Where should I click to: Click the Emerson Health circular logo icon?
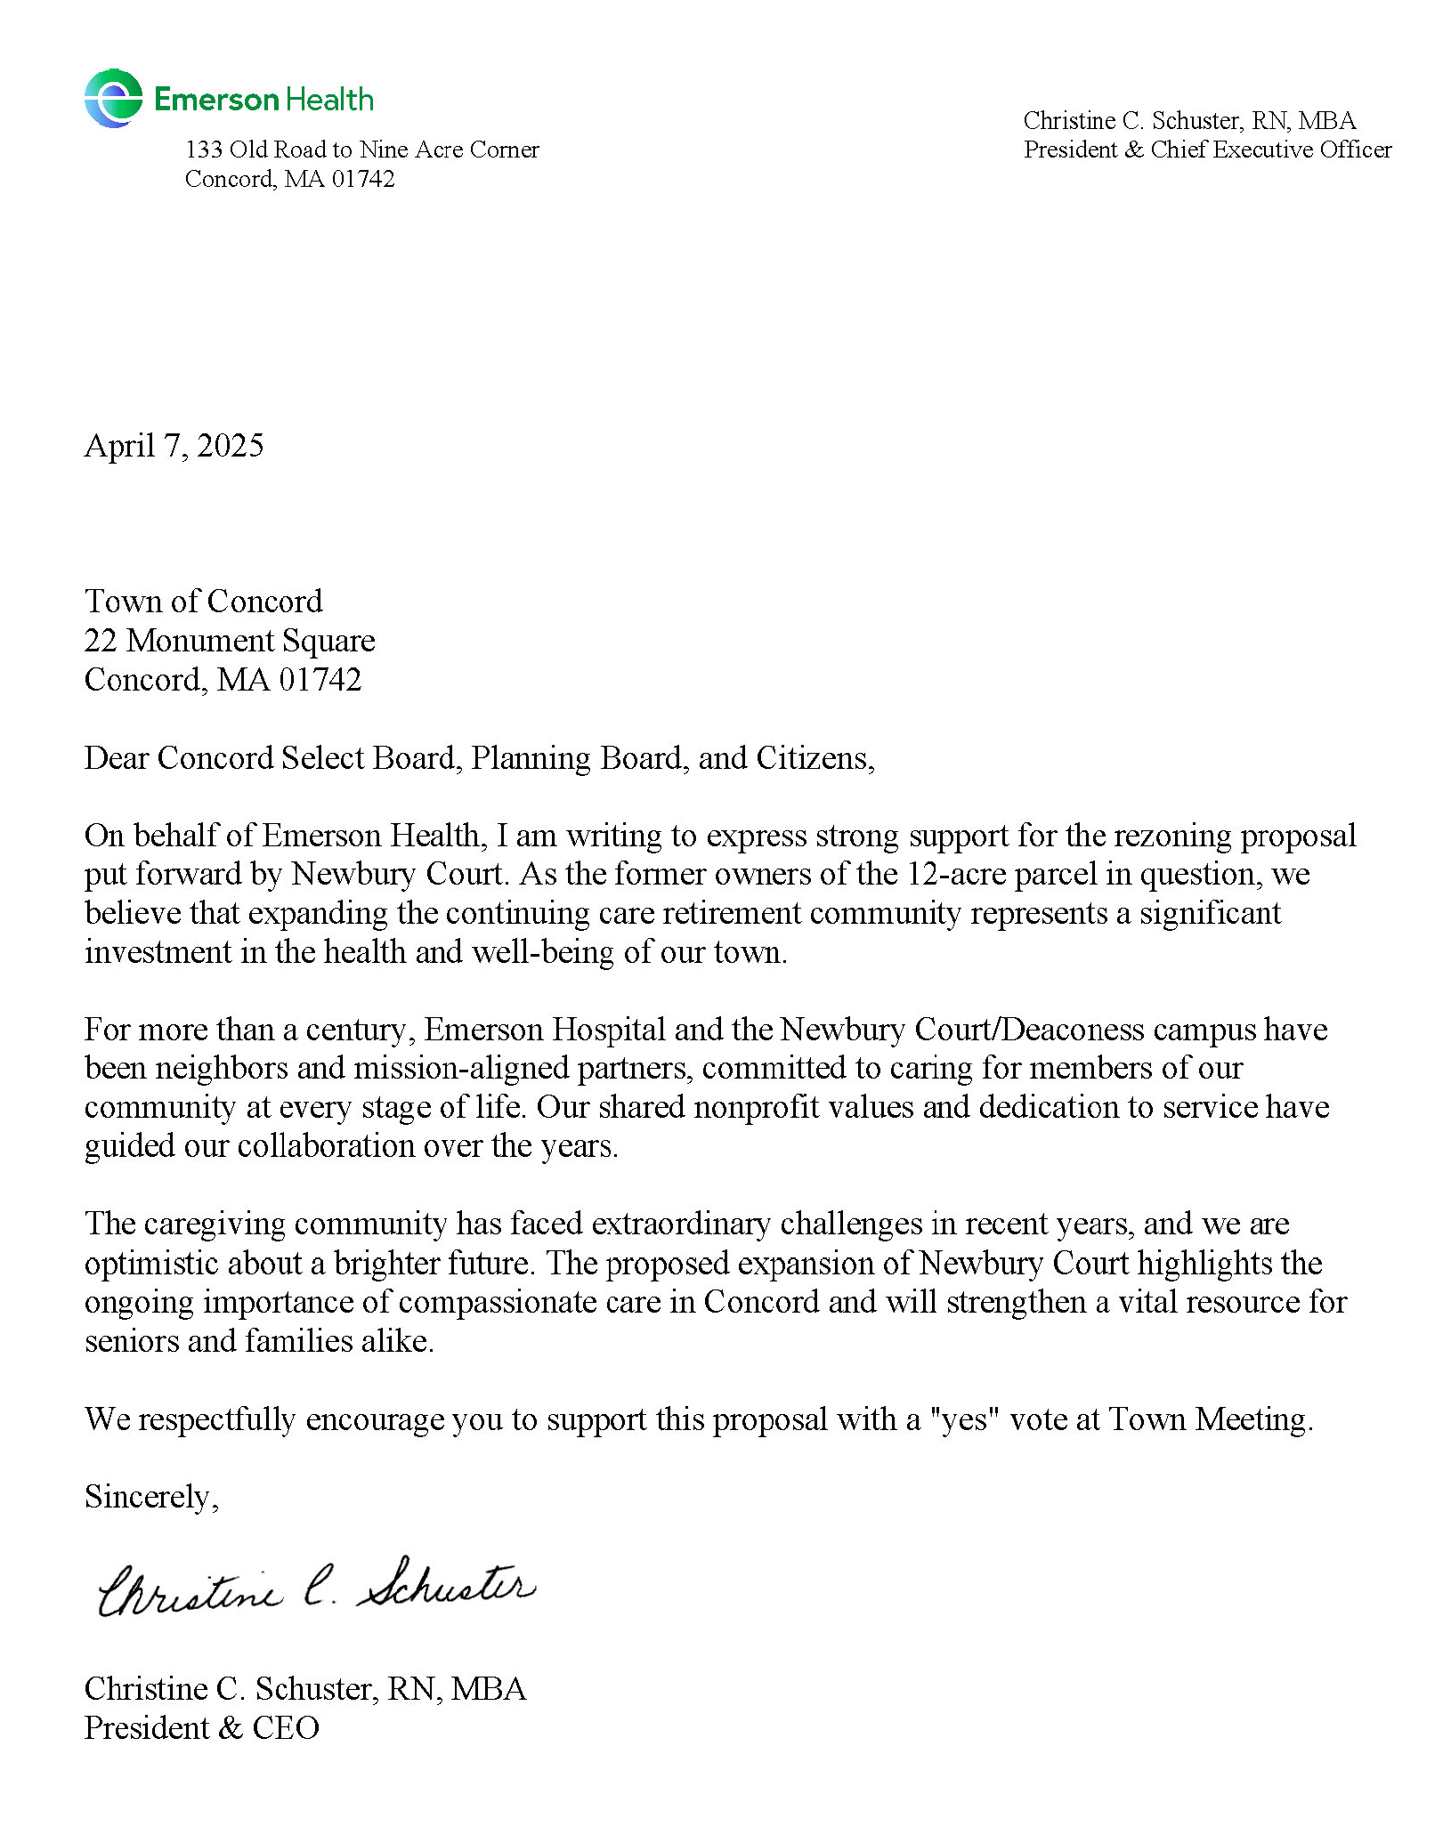(113, 98)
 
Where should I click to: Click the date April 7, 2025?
(174, 445)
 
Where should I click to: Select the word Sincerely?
(150, 1497)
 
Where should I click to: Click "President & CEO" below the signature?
(201, 1728)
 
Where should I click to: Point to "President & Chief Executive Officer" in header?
(1207, 150)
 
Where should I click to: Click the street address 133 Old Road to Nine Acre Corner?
(361, 150)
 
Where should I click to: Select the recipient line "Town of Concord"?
(203, 602)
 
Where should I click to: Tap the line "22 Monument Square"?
(230, 641)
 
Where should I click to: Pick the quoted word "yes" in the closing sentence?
(965, 1419)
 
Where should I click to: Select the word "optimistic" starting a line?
(150, 1264)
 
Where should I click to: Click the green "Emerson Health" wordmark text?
(263, 99)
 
